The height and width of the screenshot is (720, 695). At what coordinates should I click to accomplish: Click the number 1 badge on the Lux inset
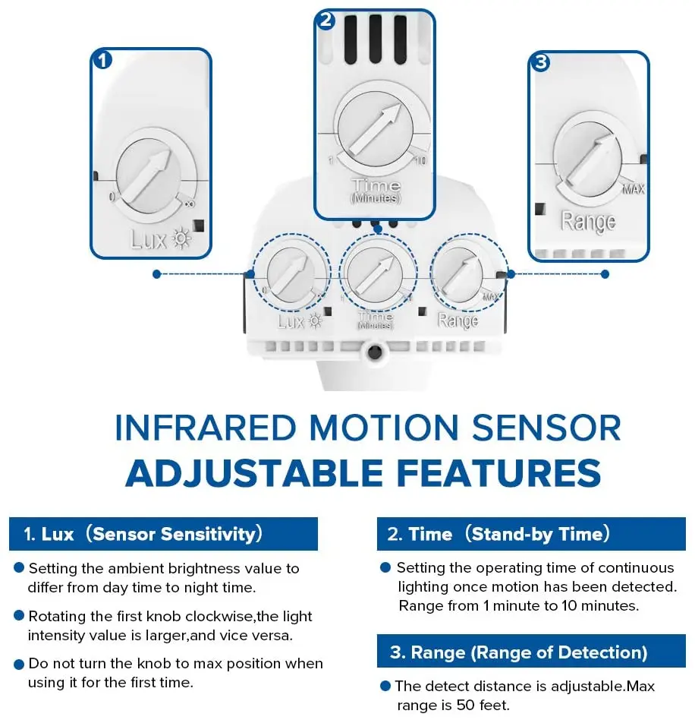pyautogui.click(x=102, y=60)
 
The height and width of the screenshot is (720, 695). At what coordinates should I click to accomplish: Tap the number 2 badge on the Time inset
pyautogui.click(x=325, y=21)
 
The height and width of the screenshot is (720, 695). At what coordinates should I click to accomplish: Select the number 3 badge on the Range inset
pyautogui.click(x=540, y=62)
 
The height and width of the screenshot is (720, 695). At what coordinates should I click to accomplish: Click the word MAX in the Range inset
pyautogui.click(x=634, y=189)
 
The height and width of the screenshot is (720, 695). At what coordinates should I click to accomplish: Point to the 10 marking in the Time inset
pyautogui.click(x=420, y=160)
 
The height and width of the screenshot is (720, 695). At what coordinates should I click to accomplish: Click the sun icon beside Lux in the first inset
pyautogui.click(x=181, y=238)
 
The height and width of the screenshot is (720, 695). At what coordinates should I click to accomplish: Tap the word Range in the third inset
pyautogui.click(x=588, y=222)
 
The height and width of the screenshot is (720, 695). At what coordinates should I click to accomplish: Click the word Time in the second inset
pyautogui.click(x=376, y=185)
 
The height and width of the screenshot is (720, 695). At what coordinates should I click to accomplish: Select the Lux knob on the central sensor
pyautogui.click(x=291, y=274)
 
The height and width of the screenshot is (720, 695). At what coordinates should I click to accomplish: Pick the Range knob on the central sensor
pyautogui.click(x=459, y=275)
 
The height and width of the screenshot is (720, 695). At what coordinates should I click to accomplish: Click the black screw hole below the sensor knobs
pyautogui.click(x=375, y=352)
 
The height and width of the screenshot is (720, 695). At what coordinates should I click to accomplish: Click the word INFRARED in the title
pyautogui.click(x=206, y=428)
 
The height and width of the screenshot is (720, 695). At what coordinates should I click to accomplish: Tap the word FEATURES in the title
pyautogui.click(x=498, y=473)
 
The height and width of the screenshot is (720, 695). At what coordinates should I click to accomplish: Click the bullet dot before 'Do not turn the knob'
pyautogui.click(x=19, y=665)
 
